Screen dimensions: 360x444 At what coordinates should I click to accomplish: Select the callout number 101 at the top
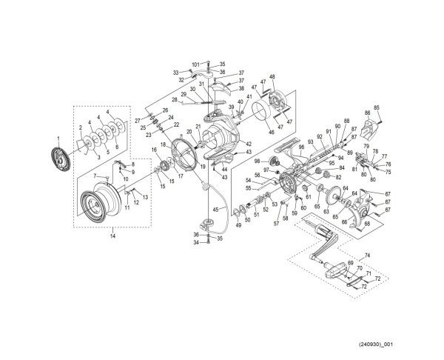196,65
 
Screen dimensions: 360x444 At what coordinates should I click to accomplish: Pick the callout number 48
272,77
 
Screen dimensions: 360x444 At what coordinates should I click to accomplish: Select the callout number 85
377,107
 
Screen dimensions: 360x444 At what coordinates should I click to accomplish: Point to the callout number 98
256,161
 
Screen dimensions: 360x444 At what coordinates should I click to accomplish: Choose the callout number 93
310,141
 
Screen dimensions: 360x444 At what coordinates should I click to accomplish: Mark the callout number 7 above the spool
95,176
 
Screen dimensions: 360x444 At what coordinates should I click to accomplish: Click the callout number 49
238,225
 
